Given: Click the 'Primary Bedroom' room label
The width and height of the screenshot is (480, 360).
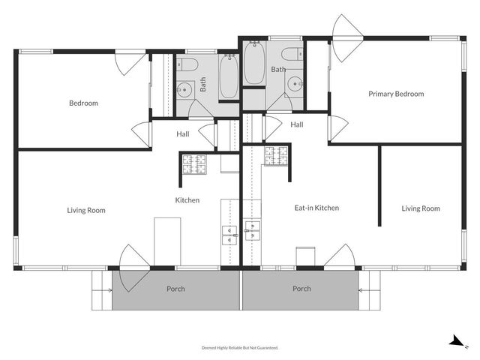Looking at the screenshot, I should point(395,94).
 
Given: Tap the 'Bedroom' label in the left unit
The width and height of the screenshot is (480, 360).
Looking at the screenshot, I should point(83,103).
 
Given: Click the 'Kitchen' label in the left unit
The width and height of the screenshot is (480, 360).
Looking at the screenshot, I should point(187,200).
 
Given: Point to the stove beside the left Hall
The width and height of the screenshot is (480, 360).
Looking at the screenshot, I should point(193,161).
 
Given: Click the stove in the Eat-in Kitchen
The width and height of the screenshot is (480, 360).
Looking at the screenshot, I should point(276,156).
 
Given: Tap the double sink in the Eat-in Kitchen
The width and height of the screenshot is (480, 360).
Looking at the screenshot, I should point(253,230).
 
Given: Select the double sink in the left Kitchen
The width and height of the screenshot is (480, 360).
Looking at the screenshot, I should point(229,234).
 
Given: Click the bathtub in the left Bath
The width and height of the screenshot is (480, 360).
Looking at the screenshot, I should point(229,76).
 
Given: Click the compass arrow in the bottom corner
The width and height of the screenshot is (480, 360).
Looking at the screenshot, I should point(456,341).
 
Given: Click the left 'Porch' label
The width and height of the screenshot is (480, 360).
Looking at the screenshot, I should point(175,289).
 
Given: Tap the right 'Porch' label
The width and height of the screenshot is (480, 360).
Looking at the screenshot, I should point(301,289).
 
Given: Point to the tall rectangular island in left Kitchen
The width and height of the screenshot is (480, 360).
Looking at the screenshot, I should point(167,241).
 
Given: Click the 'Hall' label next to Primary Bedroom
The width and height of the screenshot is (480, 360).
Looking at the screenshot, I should point(296,124).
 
